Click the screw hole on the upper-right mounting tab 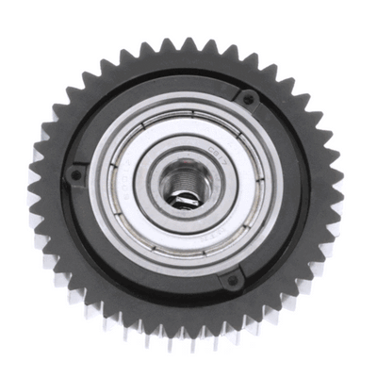(247, 98)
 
